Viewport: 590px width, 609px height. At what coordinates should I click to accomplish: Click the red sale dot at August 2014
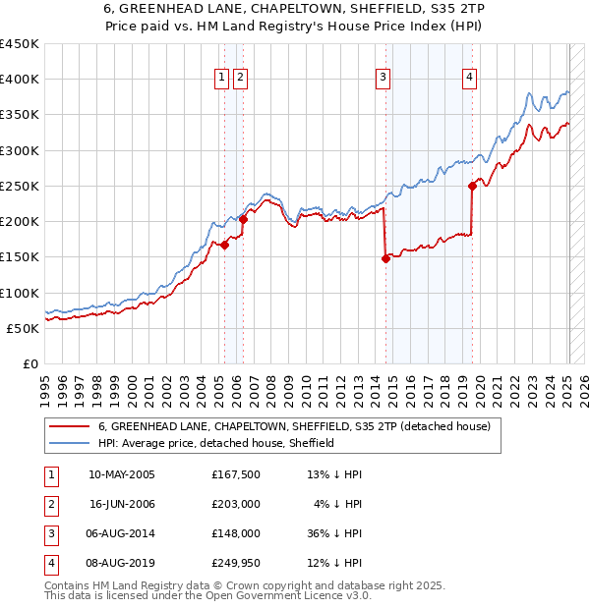point(385,259)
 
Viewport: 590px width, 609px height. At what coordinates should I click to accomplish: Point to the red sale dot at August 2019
point(472,186)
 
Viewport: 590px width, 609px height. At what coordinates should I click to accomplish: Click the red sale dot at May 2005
point(224,246)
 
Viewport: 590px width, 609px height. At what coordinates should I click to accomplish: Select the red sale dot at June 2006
point(243,220)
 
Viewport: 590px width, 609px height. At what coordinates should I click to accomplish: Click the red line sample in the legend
point(71,427)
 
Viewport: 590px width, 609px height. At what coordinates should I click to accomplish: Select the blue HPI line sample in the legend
point(71,444)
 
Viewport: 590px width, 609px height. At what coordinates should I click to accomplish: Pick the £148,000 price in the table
point(235,534)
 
